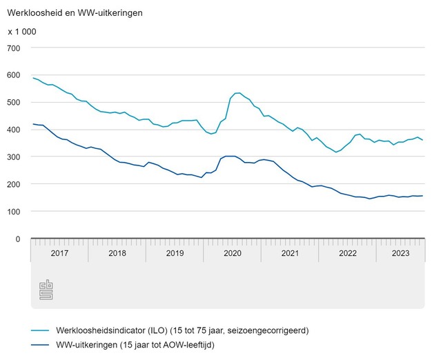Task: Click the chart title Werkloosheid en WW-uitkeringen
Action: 75,13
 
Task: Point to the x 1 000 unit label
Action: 22,32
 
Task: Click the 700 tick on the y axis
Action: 14,48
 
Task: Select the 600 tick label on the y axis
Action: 14,75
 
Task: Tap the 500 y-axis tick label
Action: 14,103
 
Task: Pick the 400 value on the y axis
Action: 14,130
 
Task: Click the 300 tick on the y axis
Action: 14,157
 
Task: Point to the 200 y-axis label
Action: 14,185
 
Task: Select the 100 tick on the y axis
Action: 14,212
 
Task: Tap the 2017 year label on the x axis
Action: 59,253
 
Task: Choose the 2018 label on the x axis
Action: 117,253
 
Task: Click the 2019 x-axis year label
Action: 175,253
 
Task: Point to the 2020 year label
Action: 232,253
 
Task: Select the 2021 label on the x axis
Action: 290,253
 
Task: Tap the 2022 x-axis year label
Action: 347,253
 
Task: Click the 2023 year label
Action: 400,253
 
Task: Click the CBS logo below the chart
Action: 46,290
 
